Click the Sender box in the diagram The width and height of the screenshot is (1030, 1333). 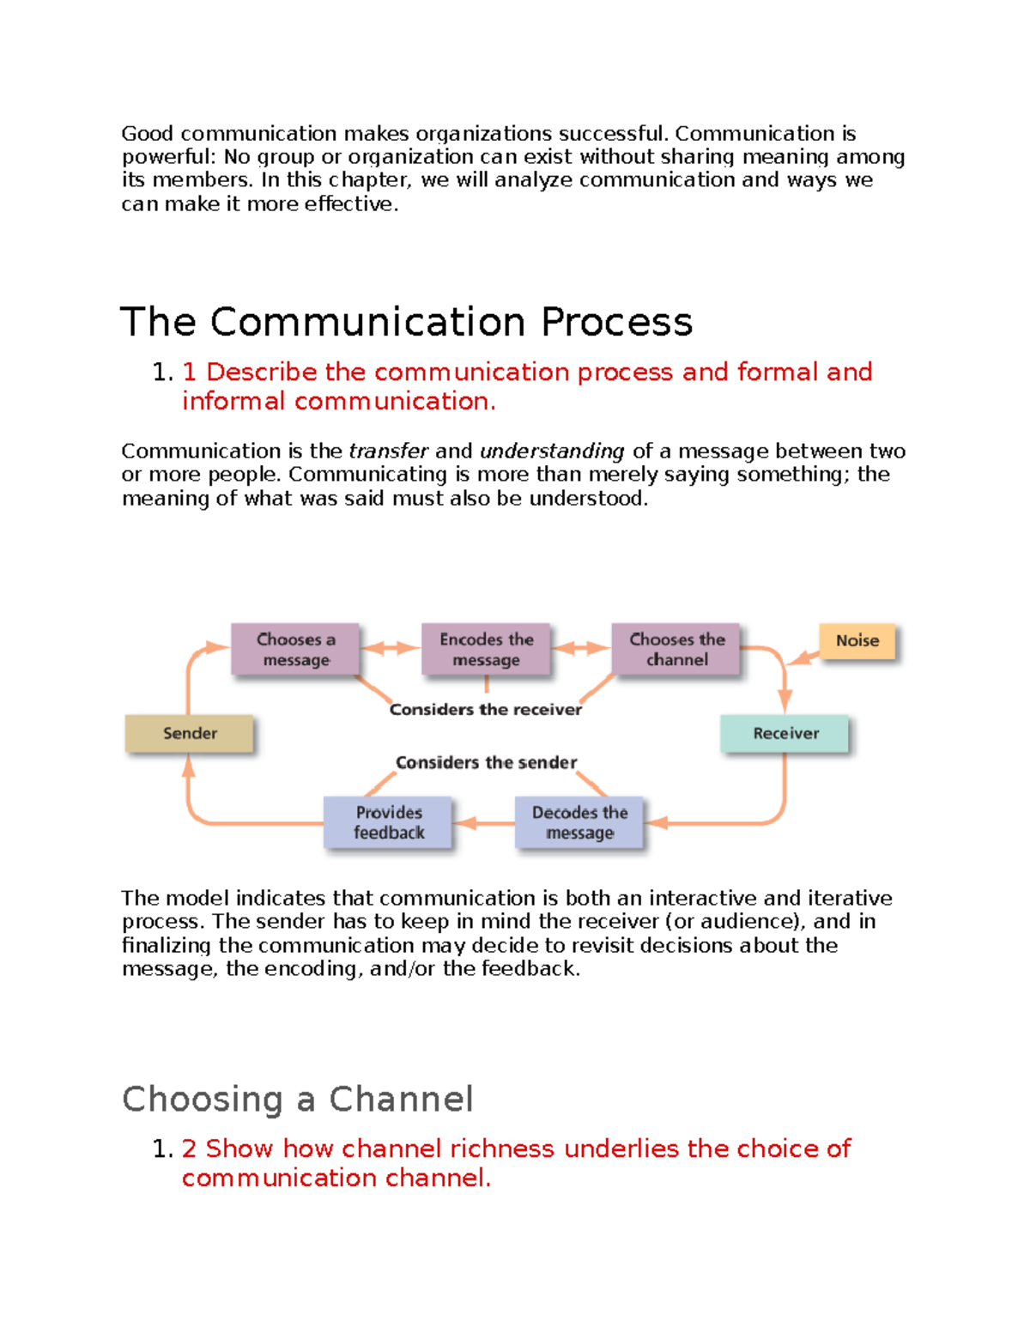tap(190, 734)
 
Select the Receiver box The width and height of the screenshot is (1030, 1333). tap(785, 734)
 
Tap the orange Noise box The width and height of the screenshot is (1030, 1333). tap(857, 641)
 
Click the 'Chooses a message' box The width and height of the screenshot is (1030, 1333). tap(295, 650)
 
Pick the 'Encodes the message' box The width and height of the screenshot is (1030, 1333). tap(486, 650)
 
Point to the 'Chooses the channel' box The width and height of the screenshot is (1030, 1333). tap(676, 650)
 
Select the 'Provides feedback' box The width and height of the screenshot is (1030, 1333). tap(388, 823)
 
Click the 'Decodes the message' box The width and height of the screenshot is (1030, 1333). tap(579, 823)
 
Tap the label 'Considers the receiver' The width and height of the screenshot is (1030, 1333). tap(485, 710)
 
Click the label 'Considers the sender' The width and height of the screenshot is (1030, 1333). tap(486, 763)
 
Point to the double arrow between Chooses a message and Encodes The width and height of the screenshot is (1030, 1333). tap(391, 649)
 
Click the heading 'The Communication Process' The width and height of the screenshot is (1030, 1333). tap(406, 323)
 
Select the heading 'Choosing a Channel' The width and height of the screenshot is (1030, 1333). tap(297, 1100)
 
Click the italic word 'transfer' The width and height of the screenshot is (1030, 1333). tap(388, 451)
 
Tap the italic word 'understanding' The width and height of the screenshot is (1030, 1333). tap(552, 451)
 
